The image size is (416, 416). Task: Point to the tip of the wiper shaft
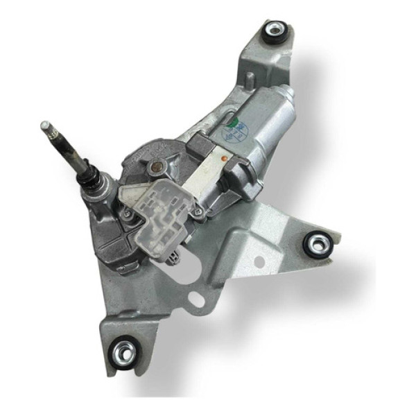point(45,125)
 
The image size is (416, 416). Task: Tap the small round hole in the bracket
point(261,262)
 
